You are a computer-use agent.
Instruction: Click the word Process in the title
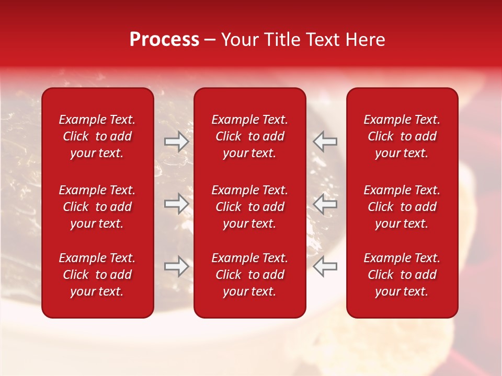164,40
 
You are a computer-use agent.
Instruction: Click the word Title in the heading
282,40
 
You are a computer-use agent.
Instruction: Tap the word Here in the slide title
364,40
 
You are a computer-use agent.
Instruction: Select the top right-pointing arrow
176,142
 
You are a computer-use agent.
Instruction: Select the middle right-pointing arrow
176,204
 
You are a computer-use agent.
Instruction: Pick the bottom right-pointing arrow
176,266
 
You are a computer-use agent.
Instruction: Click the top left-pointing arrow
325,142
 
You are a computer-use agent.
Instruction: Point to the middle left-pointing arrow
325,204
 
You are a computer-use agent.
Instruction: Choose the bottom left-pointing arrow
325,266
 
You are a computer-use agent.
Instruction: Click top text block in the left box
97,136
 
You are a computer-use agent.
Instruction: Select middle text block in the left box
97,207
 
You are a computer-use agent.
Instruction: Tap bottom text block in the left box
97,275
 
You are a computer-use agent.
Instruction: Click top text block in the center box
250,136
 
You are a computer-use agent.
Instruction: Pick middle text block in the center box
250,207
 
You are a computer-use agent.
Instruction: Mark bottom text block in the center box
250,275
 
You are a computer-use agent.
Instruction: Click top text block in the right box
402,136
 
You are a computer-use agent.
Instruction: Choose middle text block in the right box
402,207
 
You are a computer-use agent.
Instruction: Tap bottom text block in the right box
402,275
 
